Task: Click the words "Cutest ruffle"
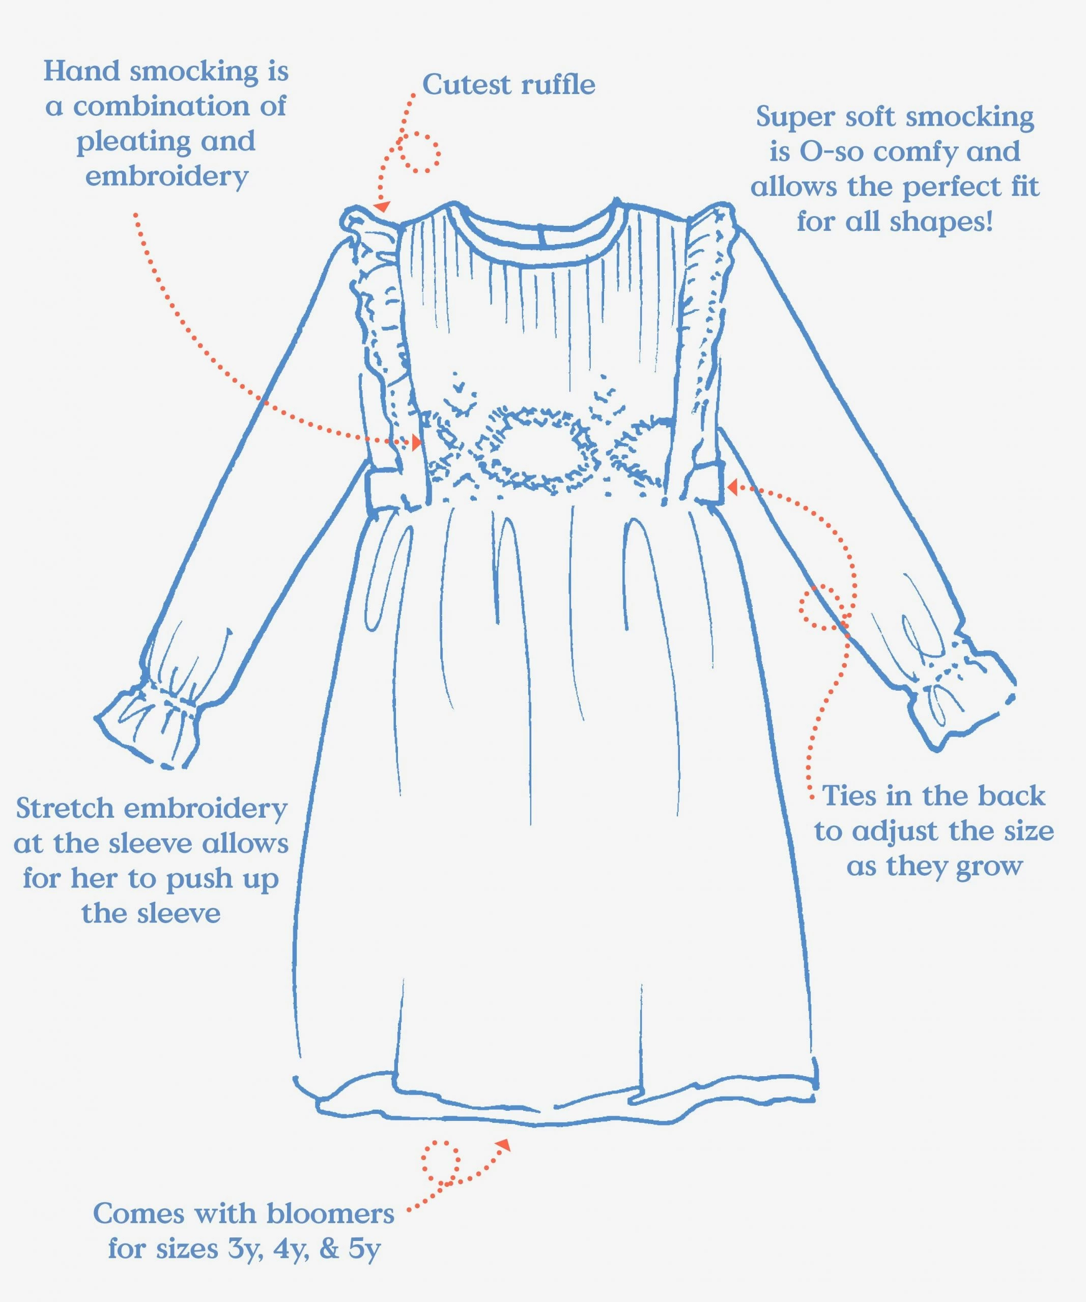point(508,85)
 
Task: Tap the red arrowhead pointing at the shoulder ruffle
point(382,206)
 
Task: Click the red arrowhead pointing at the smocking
point(416,441)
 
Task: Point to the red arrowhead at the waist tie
point(732,487)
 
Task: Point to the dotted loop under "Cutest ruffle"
point(419,152)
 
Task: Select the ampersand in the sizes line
point(329,1249)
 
